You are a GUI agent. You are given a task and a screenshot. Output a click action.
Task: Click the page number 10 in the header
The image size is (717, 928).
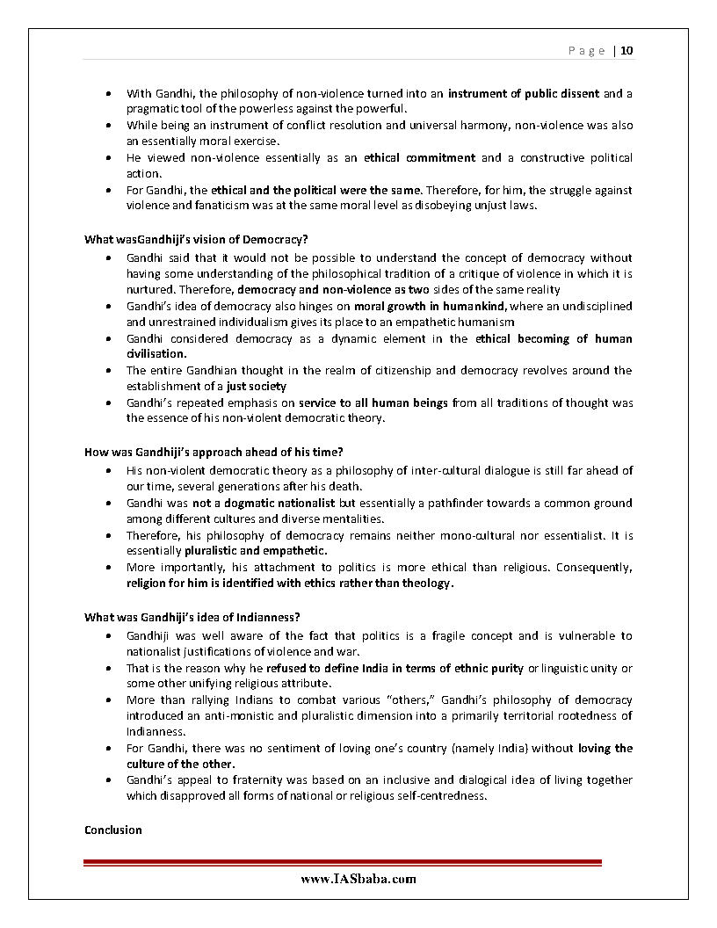[x=626, y=50]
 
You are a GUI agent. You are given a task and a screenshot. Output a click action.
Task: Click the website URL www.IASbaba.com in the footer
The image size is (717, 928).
[x=358, y=879]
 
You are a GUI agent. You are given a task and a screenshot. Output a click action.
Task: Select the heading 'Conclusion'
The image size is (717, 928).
[x=113, y=830]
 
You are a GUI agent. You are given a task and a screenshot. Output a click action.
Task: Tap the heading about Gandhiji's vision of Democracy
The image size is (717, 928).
[x=196, y=239]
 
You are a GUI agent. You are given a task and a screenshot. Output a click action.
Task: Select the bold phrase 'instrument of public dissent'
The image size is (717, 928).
[x=524, y=93]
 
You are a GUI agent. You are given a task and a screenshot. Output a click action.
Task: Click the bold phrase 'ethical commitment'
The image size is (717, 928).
[x=419, y=158]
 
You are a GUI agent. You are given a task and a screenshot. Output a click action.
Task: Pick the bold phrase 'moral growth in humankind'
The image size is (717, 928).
[x=430, y=307]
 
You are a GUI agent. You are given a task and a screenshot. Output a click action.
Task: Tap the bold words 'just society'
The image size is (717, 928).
[x=256, y=386]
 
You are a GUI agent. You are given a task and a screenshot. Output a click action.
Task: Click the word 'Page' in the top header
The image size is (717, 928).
[x=586, y=51]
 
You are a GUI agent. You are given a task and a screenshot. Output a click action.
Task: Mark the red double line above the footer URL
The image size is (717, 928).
[x=343, y=863]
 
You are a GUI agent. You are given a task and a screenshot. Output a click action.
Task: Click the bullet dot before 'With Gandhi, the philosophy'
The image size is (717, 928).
[x=107, y=93]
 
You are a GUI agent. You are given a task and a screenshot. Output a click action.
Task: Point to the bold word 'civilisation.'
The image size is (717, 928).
[x=156, y=354]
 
